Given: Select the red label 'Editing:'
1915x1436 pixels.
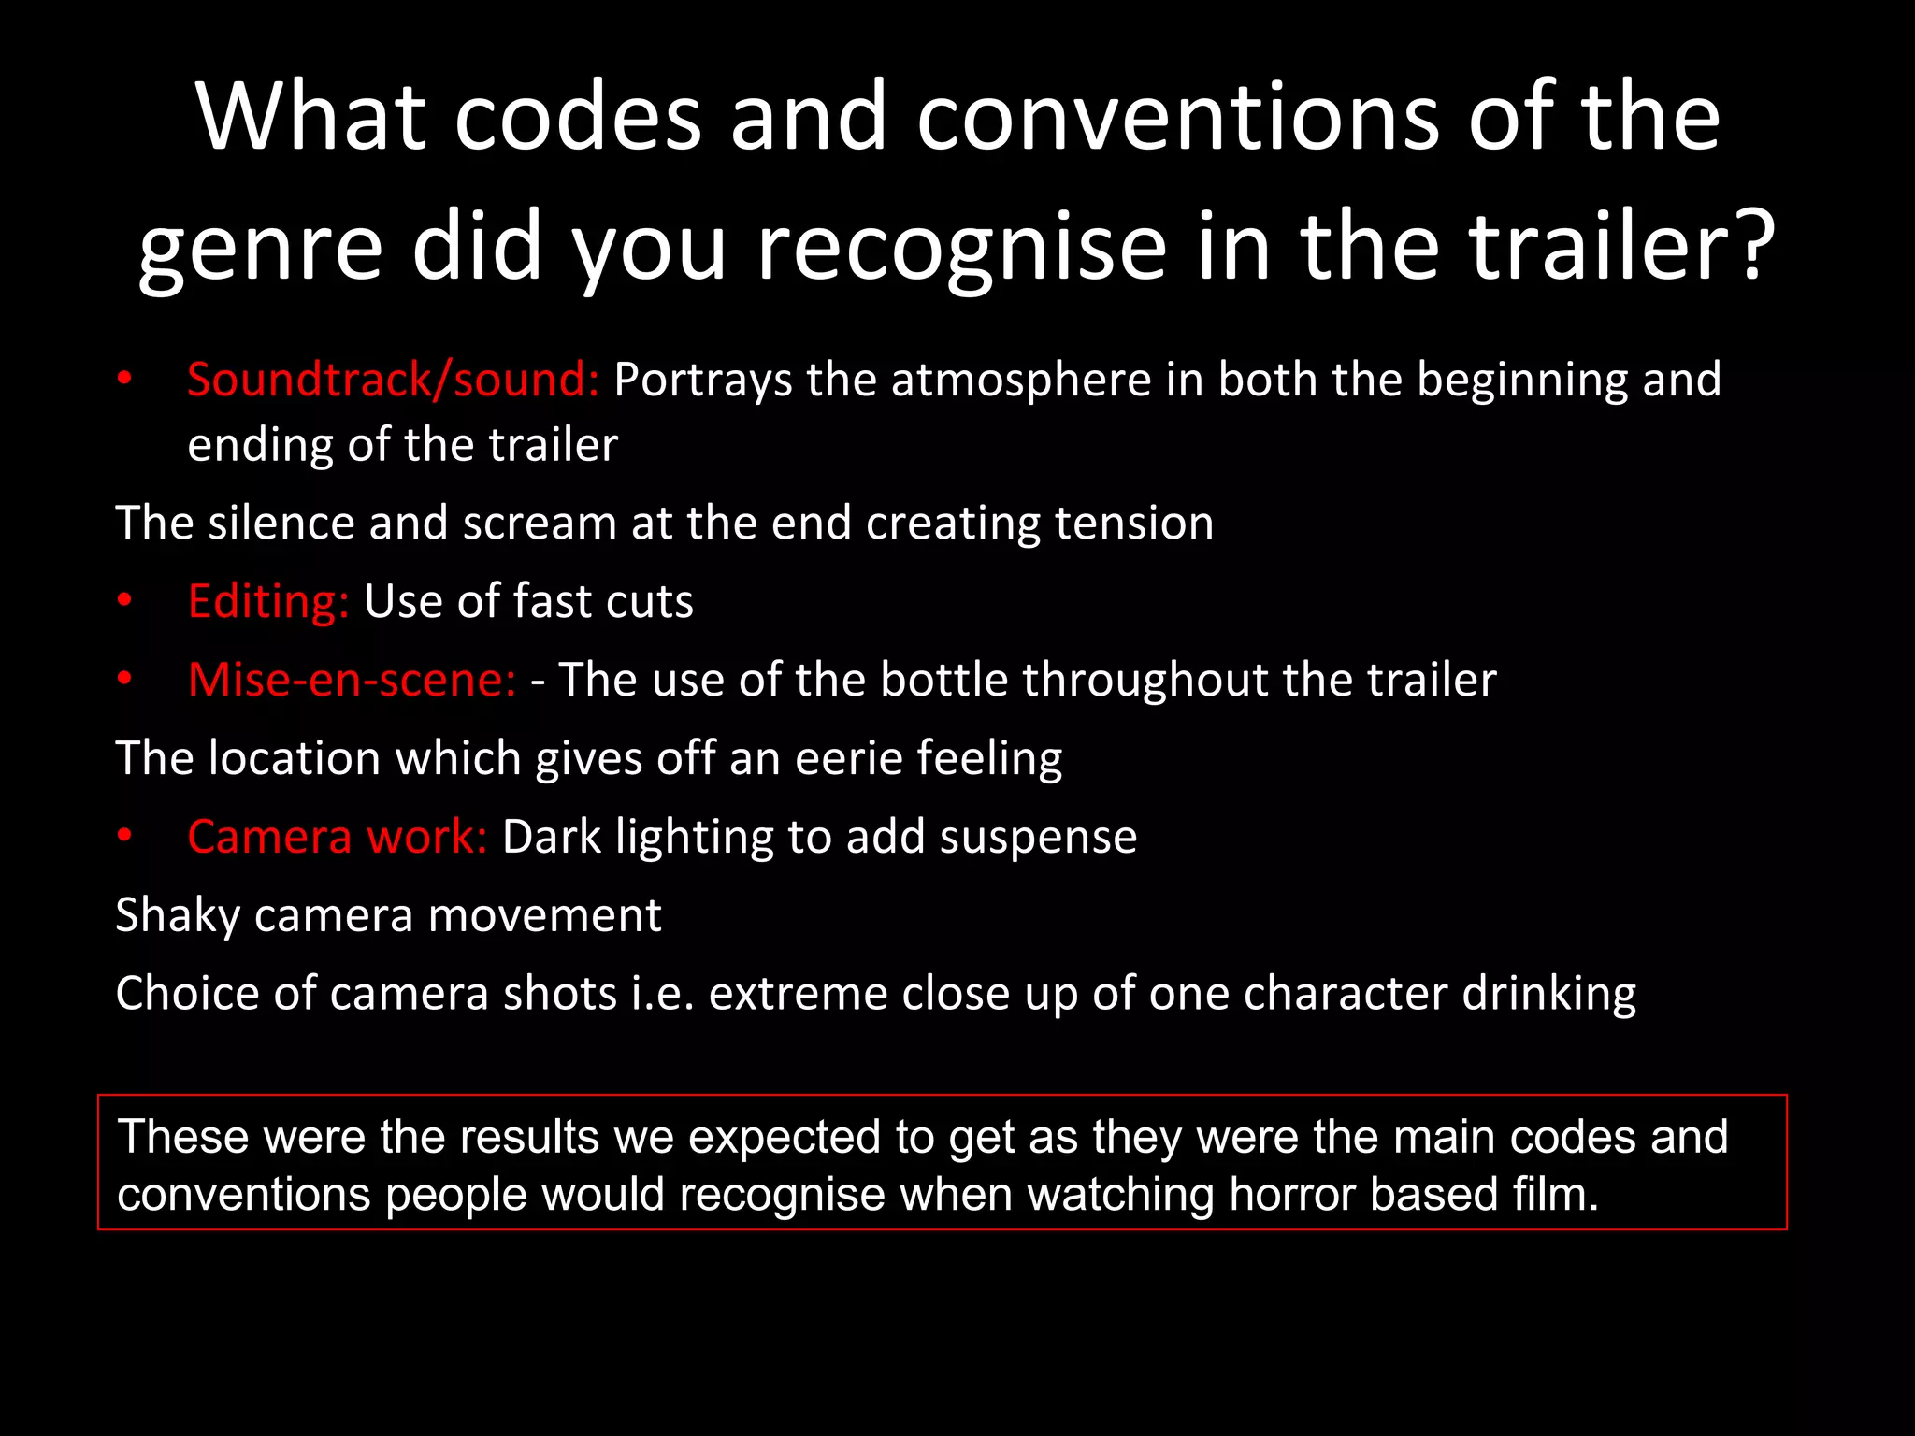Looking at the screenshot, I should pyautogui.click(x=268, y=601).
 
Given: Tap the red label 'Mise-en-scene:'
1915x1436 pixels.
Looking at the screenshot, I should pyautogui.click(x=352, y=680).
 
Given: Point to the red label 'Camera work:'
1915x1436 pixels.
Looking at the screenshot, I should pyautogui.click(x=337, y=837).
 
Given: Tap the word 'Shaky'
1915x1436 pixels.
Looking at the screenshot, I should pyautogui.click(x=177, y=915).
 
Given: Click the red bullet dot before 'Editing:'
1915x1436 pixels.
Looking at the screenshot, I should pyautogui.click(x=124, y=601).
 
